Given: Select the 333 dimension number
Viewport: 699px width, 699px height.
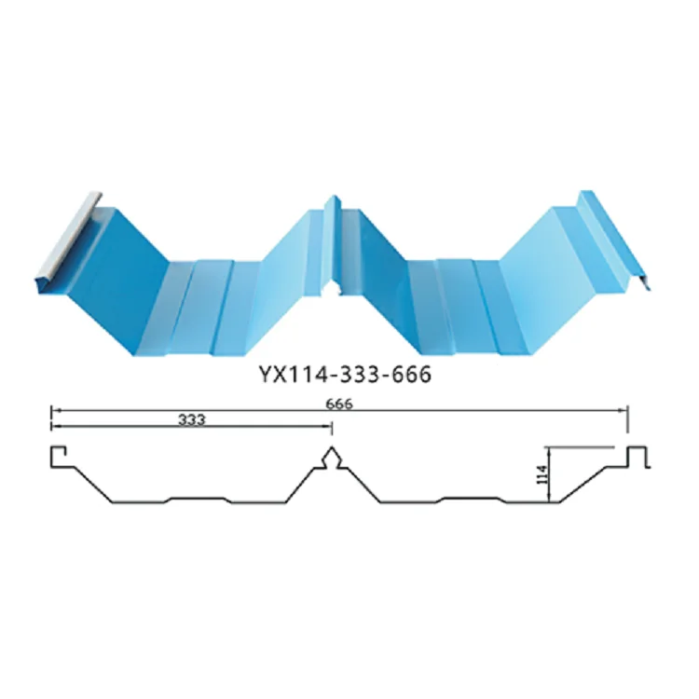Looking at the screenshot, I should pyautogui.click(x=190, y=420).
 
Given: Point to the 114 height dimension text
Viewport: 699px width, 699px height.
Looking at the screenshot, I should pyautogui.click(x=540, y=478).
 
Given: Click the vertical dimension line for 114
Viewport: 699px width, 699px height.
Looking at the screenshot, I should pyautogui.click(x=551, y=475).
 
